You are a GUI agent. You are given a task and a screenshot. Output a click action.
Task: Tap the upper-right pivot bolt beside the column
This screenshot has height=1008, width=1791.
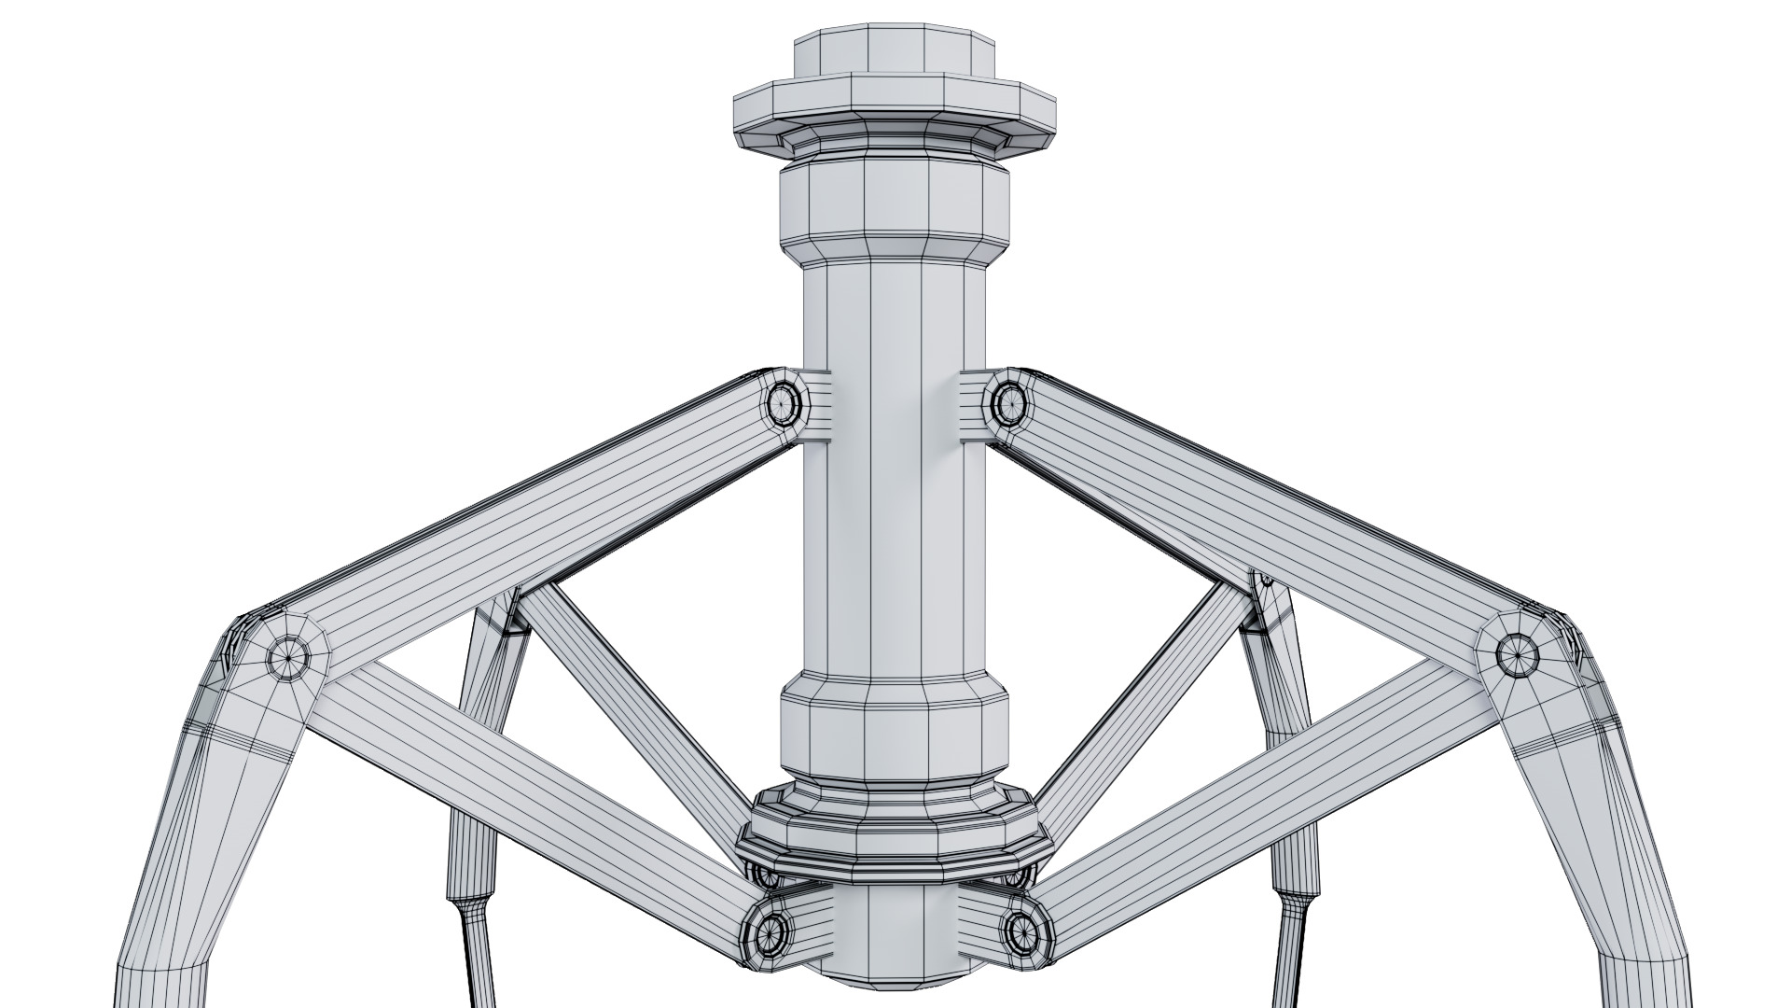[1007, 403]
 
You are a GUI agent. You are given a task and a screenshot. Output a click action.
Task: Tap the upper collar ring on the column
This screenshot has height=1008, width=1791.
[894, 210]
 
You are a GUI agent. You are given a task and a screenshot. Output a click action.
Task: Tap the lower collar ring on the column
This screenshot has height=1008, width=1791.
[894, 723]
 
